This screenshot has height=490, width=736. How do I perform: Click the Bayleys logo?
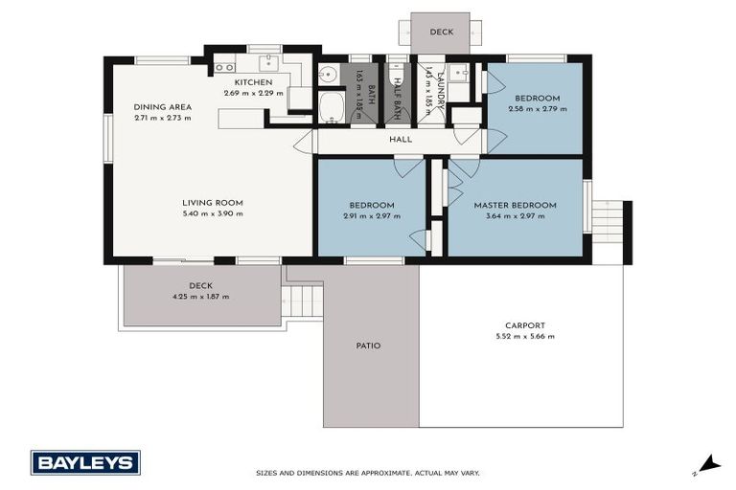(85, 462)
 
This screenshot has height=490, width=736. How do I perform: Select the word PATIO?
(368, 345)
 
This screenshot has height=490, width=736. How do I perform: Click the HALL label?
(400, 140)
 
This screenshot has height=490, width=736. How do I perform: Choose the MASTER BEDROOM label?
(515, 205)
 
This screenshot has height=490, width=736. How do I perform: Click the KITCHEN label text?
(254, 82)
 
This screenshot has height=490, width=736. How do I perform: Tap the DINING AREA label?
(162, 107)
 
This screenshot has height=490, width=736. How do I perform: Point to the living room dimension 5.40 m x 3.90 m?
(213, 213)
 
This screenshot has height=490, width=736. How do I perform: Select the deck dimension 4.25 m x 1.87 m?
(199, 297)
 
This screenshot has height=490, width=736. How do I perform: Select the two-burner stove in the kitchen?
(224, 67)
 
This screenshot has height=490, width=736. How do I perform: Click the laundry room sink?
(458, 73)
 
